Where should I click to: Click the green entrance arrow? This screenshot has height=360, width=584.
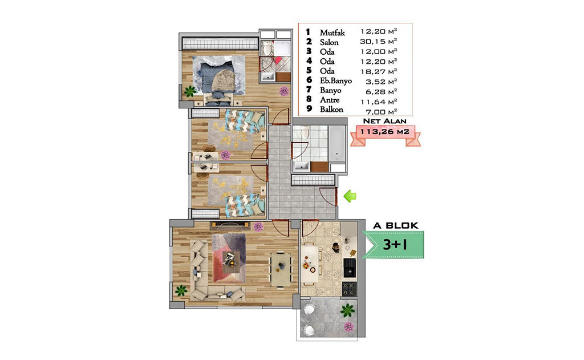350,196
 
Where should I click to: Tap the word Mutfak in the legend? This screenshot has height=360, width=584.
332,33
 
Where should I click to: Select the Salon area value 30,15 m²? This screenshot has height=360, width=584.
379,41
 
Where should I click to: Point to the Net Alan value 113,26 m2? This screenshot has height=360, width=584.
385,132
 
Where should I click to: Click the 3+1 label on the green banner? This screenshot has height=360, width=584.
395,245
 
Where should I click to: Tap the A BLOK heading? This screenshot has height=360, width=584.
396,225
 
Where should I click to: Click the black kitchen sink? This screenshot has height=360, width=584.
350,268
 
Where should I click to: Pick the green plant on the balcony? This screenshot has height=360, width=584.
347,310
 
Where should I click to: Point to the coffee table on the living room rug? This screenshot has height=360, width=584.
229,258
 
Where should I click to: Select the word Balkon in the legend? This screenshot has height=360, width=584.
331,110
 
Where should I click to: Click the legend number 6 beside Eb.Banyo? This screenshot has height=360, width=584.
309,80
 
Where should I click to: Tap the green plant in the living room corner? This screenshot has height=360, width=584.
181,290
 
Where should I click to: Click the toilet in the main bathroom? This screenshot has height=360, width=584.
305,132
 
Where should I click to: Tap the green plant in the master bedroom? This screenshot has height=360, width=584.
190,91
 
